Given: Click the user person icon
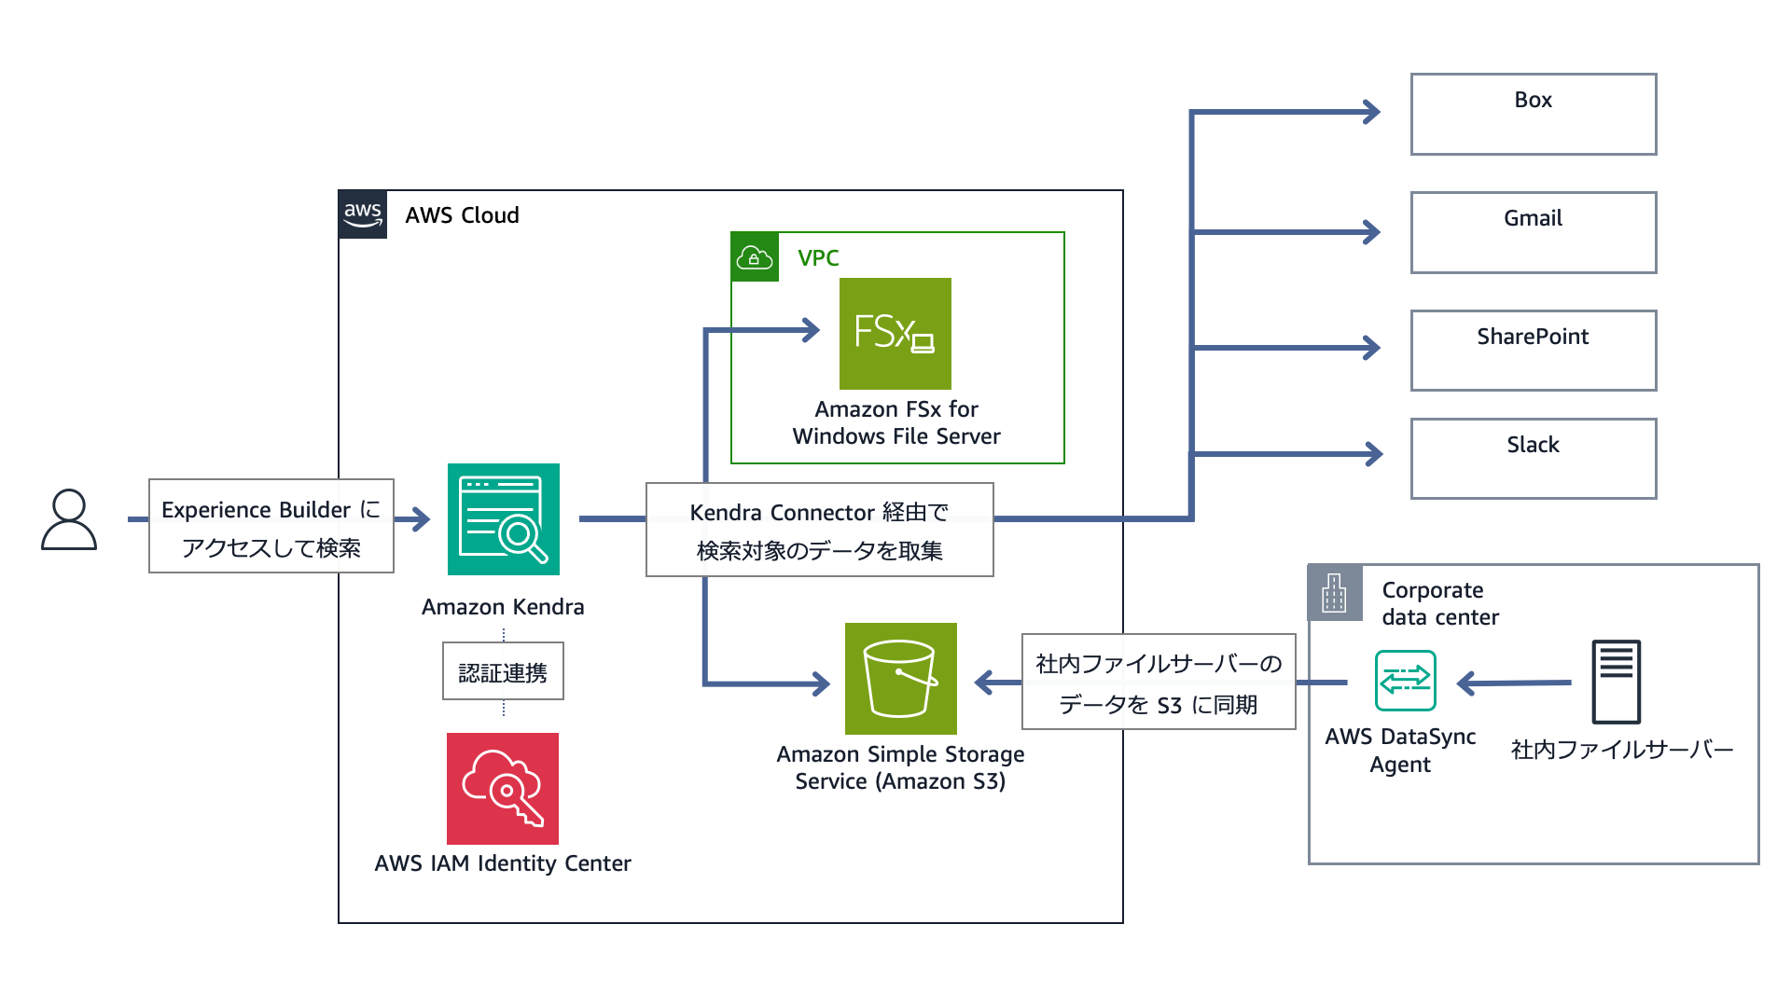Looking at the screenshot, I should coord(69,519).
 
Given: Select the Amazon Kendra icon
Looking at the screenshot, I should coord(503,519).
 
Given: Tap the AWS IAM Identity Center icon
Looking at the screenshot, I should coord(503,789).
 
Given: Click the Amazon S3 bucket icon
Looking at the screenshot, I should coord(900,679).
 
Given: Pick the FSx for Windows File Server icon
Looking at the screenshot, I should coord(895,334).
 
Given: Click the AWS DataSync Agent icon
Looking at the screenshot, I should coord(1405,681).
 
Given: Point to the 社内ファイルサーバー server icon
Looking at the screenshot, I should coord(1616,682).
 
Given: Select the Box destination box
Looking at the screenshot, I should coord(1533,114).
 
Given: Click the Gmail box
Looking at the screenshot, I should coord(1533,232).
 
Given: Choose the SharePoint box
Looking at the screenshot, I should coord(1533,351).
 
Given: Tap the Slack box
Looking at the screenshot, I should coord(1533,459).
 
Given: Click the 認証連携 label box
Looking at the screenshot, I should coord(503,671).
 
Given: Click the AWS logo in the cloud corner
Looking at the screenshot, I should coord(363,214).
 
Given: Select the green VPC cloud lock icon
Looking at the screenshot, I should coord(755,257).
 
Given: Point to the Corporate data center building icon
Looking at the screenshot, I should coord(1335,592).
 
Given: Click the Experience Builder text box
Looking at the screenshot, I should coord(271,527).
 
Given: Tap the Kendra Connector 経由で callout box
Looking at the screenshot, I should coord(819,531).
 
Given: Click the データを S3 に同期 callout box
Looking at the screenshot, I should coord(1159,683).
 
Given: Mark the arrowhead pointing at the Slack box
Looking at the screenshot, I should coord(1373,454).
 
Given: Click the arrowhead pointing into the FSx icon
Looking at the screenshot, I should coord(811,329).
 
